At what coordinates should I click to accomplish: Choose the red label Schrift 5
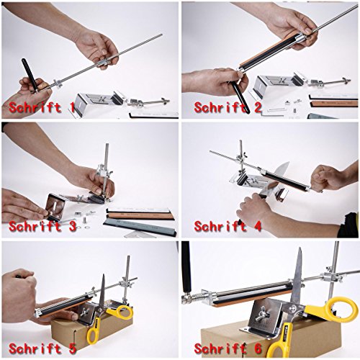coord(43,348)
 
